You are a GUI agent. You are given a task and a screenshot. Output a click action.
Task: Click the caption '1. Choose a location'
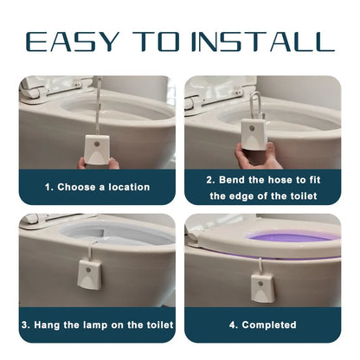click(97, 187)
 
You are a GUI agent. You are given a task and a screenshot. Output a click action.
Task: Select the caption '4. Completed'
click(262, 325)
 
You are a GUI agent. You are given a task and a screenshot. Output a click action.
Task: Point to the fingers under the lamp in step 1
click(97, 163)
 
